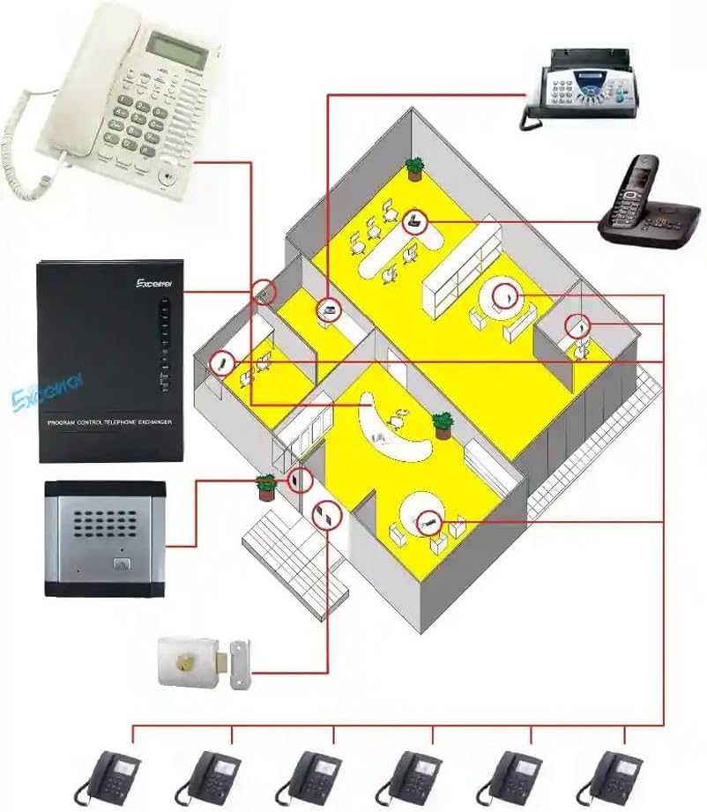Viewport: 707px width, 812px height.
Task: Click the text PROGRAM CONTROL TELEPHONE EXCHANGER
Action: click(x=109, y=423)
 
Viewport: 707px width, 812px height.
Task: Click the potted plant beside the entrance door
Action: click(x=265, y=485)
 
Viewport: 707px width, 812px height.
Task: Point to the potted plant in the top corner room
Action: click(x=414, y=167)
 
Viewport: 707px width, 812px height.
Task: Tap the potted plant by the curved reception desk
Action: click(x=443, y=425)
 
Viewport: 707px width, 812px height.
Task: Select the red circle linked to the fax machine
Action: click(x=328, y=309)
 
